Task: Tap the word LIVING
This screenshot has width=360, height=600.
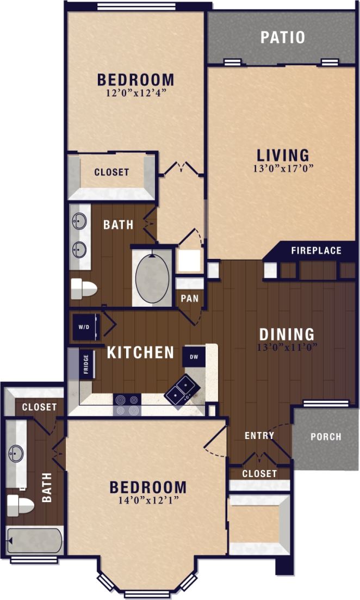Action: (283, 155)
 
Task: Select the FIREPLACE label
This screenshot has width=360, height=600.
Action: (316, 251)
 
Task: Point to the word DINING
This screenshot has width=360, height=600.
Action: (287, 334)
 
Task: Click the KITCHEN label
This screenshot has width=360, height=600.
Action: (140, 352)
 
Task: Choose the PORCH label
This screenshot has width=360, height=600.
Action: (326, 436)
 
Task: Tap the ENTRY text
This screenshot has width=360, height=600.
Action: (259, 435)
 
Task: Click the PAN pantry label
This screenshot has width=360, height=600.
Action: (189, 299)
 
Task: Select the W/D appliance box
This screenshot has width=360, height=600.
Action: (85, 327)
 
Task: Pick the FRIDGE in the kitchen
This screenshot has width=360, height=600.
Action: (86, 364)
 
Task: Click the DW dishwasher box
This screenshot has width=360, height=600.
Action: (194, 356)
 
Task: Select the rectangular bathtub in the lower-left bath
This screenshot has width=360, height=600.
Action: (34, 540)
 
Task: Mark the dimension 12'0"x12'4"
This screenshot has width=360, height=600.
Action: (135, 93)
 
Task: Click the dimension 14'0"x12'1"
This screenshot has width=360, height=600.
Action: (147, 500)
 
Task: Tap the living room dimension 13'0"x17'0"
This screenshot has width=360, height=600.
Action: (283, 168)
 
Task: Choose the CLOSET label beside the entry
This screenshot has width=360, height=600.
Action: (259, 474)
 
